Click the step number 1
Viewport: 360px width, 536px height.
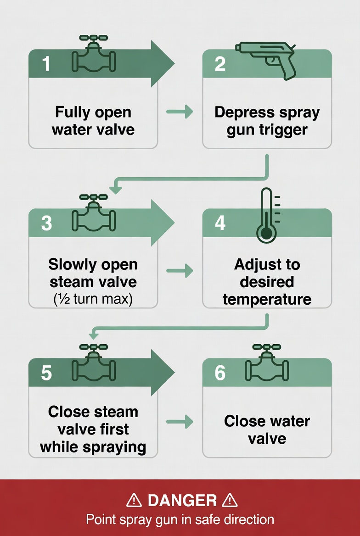coord(46,64)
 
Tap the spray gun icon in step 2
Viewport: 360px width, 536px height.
coord(266,60)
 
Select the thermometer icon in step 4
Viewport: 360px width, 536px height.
coord(266,215)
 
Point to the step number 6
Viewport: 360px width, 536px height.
coord(220,373)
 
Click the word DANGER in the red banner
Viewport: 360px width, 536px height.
coord(182,500)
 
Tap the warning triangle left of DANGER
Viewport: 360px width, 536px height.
coord(134,500)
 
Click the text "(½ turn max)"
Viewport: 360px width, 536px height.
coord(93,300)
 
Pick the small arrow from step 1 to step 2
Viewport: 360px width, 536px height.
coord(180,111)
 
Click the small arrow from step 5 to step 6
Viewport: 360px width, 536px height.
coord(180,421)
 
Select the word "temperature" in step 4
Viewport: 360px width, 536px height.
coord(267,300)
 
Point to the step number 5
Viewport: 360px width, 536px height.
coord(46,373)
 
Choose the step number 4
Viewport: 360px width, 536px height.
coord(220,223)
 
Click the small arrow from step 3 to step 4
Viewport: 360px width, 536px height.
coord(180,271)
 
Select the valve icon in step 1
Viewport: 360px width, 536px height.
coord(94,54)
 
